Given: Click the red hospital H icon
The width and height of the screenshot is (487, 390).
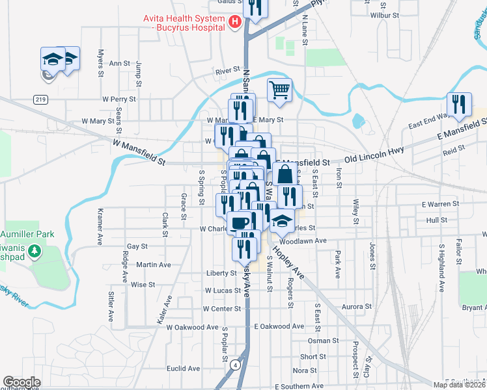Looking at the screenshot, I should (236, 23).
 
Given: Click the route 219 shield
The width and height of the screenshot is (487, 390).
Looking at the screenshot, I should (40, 99).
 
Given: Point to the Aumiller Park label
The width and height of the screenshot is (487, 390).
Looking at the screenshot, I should (27, 233).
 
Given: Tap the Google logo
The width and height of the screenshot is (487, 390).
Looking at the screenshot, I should (21, 382).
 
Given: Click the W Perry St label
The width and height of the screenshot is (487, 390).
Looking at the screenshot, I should (118, 99).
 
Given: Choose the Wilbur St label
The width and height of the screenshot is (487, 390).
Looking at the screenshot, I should (383, 14).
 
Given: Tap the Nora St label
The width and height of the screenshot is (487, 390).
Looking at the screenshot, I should (305, 370).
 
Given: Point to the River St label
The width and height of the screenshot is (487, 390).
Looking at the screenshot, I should (228, 70).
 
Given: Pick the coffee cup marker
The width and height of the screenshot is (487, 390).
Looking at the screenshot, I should (240, 222).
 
